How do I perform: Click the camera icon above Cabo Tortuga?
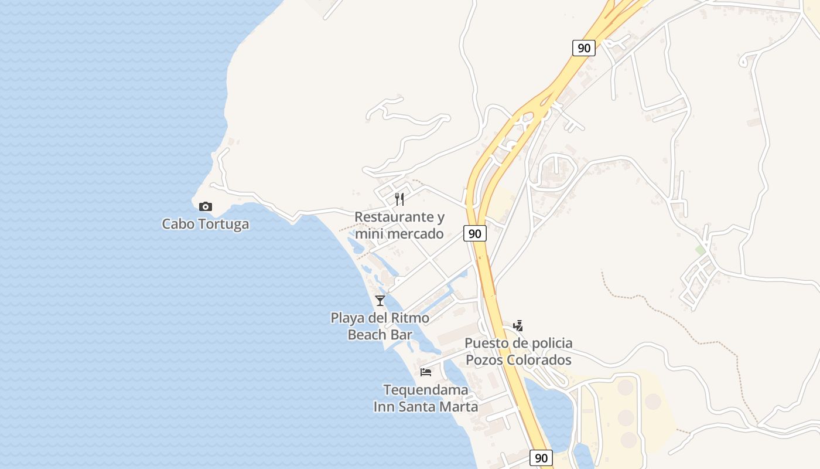[x=205, y=206]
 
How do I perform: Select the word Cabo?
[x=175, y=224]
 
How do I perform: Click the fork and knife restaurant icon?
[x=399, y=199]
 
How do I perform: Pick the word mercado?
[x=417, y=234]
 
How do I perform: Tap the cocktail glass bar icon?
[x=380, y=301]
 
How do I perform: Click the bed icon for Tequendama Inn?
[x=426, y=372]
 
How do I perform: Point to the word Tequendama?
[x=426, y=390]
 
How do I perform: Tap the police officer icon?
[x=518, y=325]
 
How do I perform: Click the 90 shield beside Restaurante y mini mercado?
[x=475, y=233]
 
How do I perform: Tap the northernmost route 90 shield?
[x=584, y=48]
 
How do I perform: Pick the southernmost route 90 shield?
[x=541, y=458]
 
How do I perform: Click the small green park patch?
[x=700, y=250]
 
